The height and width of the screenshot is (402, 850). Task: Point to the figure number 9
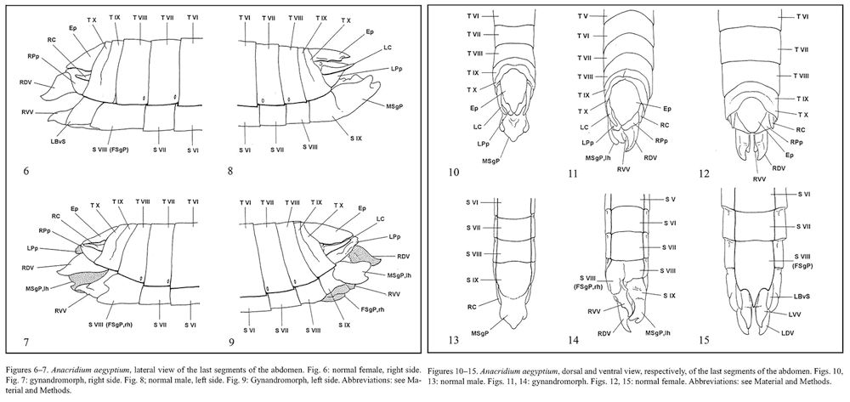[x=230, y=337]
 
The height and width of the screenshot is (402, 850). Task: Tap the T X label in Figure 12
[x=802, y=114]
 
